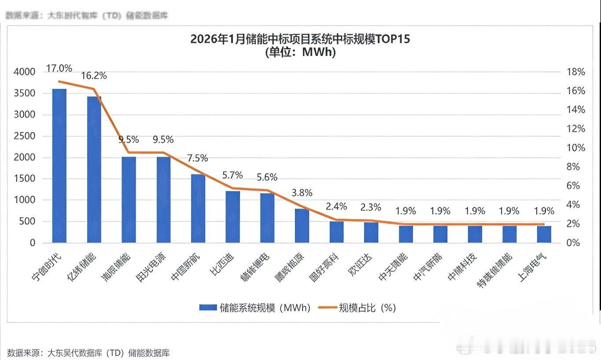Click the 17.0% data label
59,68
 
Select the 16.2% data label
94,76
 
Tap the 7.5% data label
198,158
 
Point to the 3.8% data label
302,192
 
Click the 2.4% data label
336,206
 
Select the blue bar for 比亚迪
233,217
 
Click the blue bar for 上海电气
544,234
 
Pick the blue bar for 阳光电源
163,199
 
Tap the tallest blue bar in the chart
59,165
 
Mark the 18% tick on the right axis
575,72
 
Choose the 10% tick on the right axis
575,148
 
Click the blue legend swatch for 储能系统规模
208,308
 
